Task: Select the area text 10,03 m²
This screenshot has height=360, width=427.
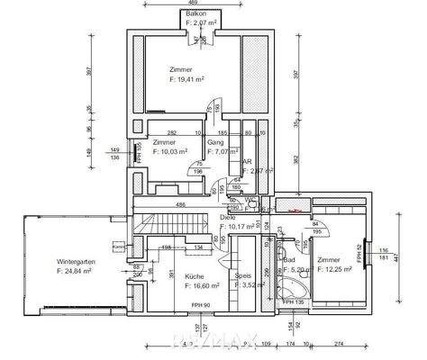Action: click(170, 152)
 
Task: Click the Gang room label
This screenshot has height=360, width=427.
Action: click(216, 142)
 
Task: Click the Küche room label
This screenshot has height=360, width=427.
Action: click(195, 276)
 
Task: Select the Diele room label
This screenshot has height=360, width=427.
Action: click(228, 217)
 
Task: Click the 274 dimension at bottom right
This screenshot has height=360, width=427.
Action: click(338, 345)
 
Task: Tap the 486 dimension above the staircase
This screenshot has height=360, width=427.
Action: click(181, 206)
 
